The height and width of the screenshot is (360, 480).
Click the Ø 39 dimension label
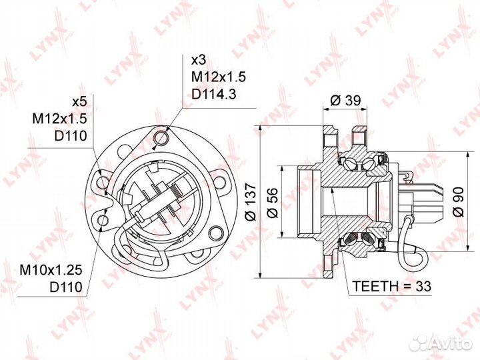(346, 101)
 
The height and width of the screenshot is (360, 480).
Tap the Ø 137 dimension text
(251, 202)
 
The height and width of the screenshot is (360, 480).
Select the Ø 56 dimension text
(272, 203)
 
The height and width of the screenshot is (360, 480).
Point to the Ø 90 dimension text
(459, 201)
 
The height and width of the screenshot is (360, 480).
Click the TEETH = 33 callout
(392, 286)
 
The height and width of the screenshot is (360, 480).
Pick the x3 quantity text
(199, 60)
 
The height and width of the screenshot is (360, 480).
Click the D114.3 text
(214, 94)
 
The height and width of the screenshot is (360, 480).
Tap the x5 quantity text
(79, 102)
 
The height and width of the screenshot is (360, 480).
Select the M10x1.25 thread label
(51, 270)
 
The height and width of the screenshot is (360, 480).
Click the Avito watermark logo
(441, 343)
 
